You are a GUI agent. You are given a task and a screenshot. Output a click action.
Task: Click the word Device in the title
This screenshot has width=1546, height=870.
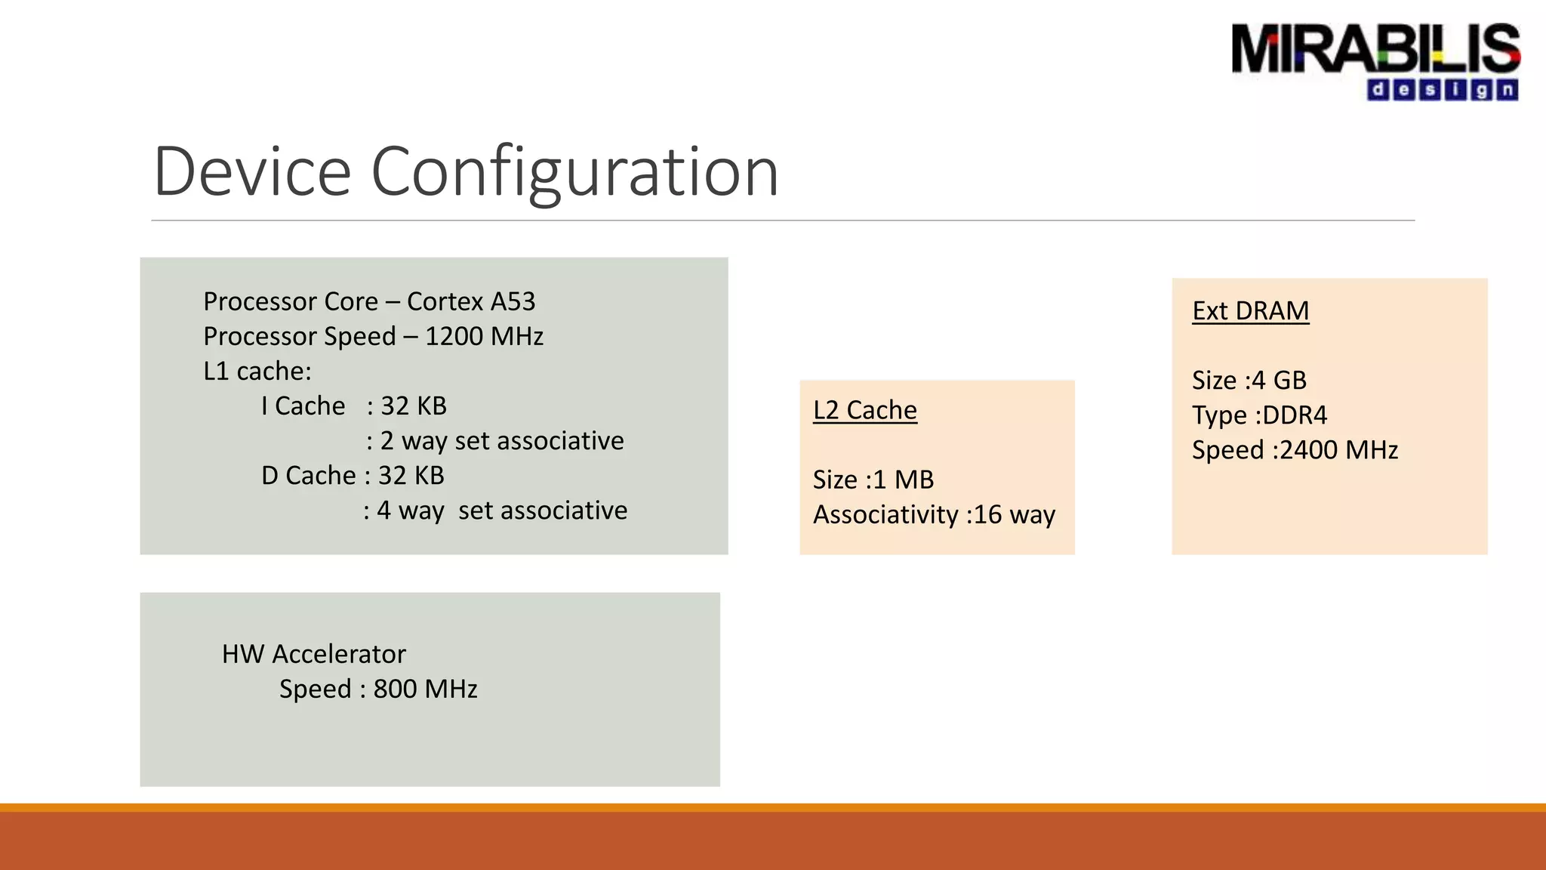(252, 172)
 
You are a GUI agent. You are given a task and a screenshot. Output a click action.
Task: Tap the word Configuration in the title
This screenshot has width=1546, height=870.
(574, 172)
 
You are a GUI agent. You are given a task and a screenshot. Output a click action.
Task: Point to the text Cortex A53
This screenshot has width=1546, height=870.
(471, 301)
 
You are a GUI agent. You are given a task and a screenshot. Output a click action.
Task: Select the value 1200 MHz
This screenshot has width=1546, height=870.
(484, 336)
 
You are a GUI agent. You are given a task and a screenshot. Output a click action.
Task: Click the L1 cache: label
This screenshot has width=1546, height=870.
(257, 371)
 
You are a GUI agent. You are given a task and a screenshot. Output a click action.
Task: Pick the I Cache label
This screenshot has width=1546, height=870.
(303, 406)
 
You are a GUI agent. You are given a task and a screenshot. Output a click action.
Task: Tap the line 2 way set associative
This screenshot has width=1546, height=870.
(501, 440)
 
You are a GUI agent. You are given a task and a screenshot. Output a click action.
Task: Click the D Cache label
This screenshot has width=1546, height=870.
(308, 475)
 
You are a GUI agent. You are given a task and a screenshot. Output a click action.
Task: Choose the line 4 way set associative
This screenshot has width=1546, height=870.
(501, 511)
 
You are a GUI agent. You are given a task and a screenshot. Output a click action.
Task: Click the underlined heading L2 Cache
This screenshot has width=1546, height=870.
(865, 410)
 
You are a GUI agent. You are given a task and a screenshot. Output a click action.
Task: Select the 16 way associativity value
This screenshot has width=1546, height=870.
(1015, 514)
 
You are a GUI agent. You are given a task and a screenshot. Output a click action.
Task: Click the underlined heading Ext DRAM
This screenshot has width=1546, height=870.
(1250, 310)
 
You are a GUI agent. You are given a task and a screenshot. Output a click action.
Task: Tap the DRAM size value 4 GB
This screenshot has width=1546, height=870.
(1279, 380)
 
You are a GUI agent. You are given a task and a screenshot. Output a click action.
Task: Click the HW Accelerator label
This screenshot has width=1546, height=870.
(313, 654)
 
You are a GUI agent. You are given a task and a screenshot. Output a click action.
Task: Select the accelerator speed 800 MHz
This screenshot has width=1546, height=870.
(425, 689)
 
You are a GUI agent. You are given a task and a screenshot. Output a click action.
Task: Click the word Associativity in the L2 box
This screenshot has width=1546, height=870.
(885, 514)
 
